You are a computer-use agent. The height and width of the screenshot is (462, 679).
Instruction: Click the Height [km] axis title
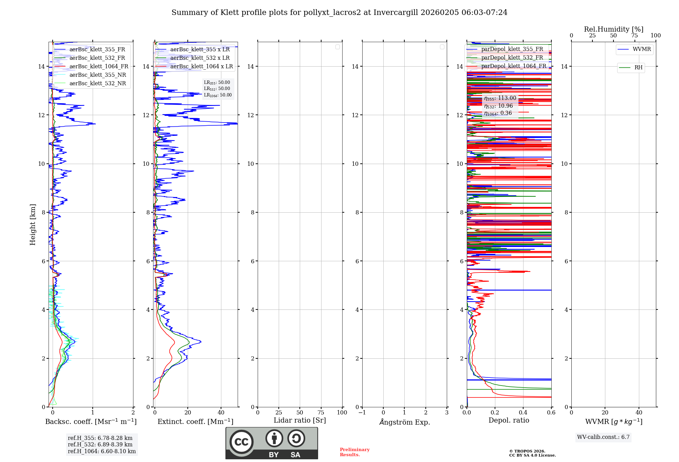pos(33,225)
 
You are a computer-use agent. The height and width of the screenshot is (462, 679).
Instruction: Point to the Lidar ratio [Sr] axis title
pos(300,421)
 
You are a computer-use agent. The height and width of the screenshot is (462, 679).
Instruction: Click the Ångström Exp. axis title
pos(405,422)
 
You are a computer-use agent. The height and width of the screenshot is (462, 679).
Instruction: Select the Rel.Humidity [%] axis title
pos(613,29)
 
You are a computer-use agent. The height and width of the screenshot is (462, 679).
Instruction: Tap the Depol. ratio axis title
pos(509,421)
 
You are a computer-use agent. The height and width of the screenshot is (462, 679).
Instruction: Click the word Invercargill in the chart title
pos(396,13)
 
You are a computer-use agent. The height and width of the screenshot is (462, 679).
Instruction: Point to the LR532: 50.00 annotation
pos(217,89)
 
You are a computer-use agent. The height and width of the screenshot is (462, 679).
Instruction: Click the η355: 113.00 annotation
pos(500,98)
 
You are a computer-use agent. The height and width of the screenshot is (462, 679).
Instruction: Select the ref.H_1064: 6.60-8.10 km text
pos(102,451)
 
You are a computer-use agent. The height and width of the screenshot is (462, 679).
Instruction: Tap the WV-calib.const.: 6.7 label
pos(603,437)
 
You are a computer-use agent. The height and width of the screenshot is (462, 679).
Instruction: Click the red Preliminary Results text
pos(354,452)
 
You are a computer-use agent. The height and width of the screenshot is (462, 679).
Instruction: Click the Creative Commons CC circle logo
pos(241,442)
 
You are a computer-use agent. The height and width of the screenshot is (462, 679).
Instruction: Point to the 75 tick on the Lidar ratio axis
pos(321,413)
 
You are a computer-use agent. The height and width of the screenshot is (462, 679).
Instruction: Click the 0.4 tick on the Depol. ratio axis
pos(523,413)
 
